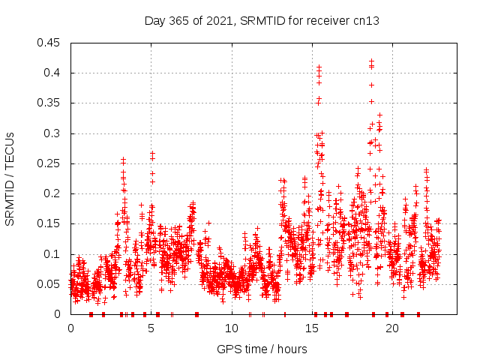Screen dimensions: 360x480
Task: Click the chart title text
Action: (x=262, y=21)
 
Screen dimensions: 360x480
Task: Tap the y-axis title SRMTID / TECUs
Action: (x=10, y=178)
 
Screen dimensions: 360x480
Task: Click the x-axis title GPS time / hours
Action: (x=262, y=349)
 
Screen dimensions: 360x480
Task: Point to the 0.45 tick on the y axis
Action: (x=49, y=43)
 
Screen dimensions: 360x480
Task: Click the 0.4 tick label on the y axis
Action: (x=52, y=73)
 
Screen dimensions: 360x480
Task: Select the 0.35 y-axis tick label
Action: (x=49, y=103)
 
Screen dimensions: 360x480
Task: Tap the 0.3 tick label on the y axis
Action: (x=52, y=133)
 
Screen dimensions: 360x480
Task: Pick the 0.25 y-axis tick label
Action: (x=49, y=163)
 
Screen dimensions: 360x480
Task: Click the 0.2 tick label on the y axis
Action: (x=52, y=193)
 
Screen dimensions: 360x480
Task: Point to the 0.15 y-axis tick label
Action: (x=49, y=223)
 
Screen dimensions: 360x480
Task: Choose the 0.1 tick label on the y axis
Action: (x=52, y=254)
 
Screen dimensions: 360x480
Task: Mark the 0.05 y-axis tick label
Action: (x=49, y=284)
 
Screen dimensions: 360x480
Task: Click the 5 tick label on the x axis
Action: (x=151, y=328)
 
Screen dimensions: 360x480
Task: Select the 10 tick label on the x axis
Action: (x=232, y=328)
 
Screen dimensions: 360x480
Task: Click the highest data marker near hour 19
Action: (x=371, y=60)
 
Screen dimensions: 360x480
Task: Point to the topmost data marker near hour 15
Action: (x=319, y=67)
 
